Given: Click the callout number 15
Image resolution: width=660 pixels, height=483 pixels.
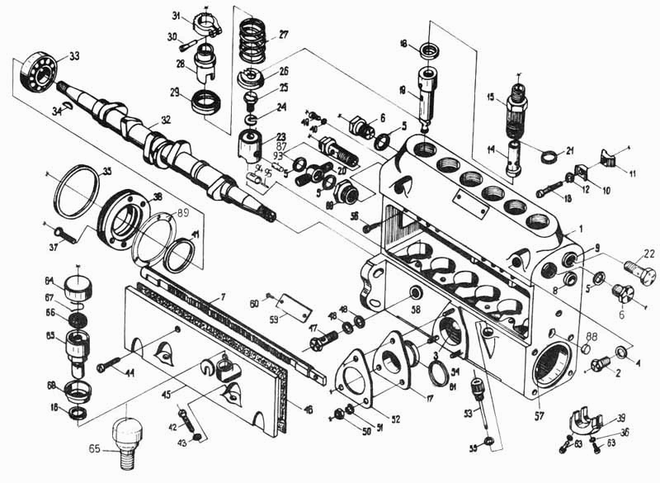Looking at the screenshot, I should click(489, 98).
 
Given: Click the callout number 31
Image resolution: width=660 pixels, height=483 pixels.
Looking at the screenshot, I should click(177, 17).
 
